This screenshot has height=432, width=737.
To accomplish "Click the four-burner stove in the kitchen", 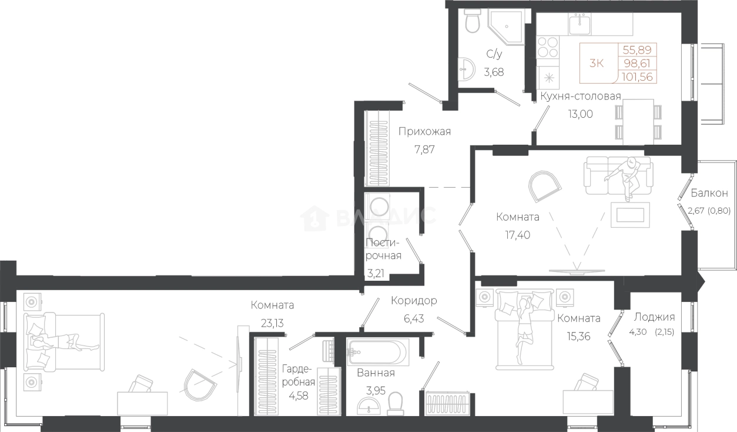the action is tap(548, 48).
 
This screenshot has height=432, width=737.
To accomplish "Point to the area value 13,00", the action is tap(581, 114).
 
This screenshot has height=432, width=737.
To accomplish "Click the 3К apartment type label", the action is tap(597, 63).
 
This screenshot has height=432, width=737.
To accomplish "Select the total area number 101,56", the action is tap(637, 77).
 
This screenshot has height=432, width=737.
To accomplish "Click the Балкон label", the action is tap(709, 193).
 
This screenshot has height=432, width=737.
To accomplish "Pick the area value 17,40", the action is tap(518, 235).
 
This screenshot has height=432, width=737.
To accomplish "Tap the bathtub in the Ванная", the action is tap(378, 353).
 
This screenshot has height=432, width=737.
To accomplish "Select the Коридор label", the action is tap(414, 301).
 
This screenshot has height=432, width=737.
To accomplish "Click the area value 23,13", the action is tap(272, 323).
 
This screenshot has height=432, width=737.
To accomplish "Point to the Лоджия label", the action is tap(654, 317).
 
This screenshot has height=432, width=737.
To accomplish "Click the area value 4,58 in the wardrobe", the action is tap(299, 395).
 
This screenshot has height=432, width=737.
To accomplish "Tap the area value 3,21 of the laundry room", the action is tap(376, 274).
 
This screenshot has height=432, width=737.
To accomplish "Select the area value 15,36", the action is tap(578, 336).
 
